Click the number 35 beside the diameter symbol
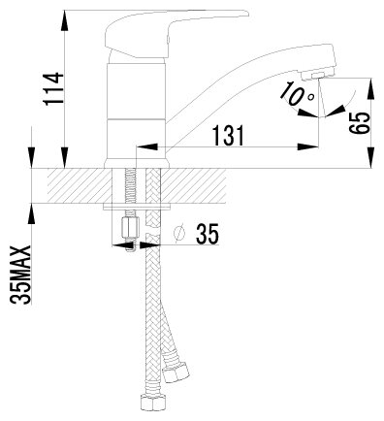[x=207, y=235]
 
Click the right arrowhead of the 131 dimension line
[x=294, y=148]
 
